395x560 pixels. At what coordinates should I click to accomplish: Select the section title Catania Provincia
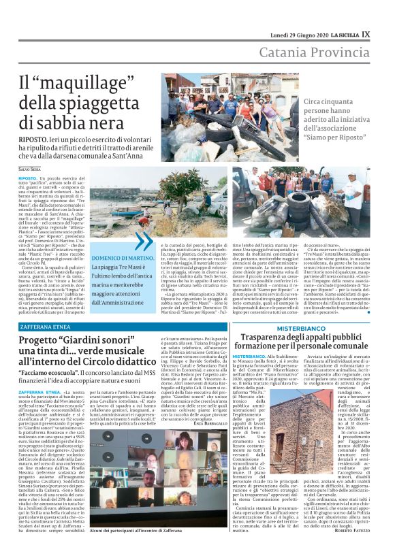coord(319,54)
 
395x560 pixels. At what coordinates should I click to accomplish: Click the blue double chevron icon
coord(144,242)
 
